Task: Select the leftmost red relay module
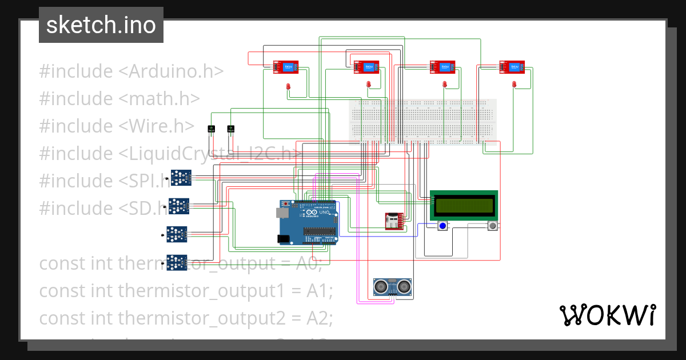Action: click(285, 67)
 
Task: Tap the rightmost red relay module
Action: click(512, 67)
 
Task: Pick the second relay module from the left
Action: click(365, 67)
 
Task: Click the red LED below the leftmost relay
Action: click(288, 86)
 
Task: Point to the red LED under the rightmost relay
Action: click(514, 85)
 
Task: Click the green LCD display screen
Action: click(464, 205)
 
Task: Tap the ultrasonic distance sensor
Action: click(393, 286)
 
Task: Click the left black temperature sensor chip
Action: click(211, 129)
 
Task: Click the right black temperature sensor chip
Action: click(230, 129)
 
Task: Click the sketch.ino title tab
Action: click(101, 25)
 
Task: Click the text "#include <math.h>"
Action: click(119, 99)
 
